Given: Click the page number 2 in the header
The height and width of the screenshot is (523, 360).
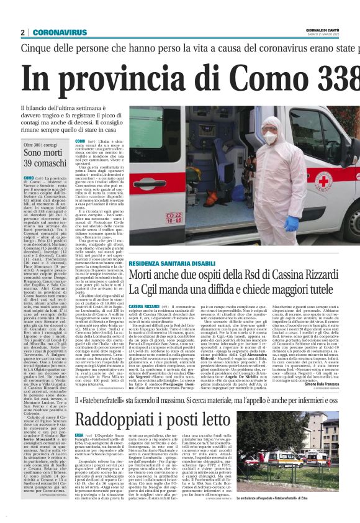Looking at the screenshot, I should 22,32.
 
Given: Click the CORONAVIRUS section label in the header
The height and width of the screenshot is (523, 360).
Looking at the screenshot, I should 60,32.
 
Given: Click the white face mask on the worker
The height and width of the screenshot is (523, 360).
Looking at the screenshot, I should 271,138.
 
